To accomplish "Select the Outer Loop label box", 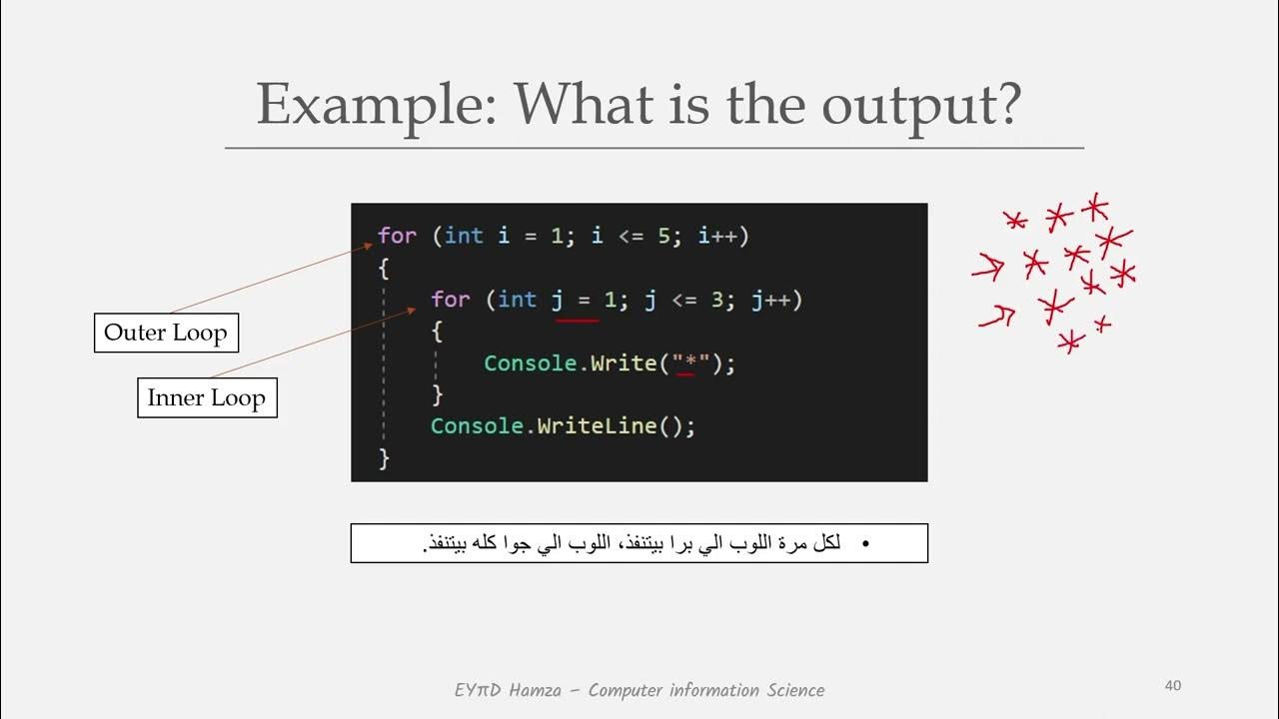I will pyautogui.click(x=166, y=333).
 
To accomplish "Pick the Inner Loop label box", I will pyautogui.click(x=207, y=397).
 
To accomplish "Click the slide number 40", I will pyautogui.click(x=1173, y=685).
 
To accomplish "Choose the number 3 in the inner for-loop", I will pyautogui.click(x=715, y=300).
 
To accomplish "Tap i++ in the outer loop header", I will pyautogui.click(x=722, y=236).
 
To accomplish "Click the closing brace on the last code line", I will pyautogui.click(x=384, y=458).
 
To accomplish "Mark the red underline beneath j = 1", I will pyautogui.click(x=578, y=321).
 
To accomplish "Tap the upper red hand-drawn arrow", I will pyautogui.click(x=988, y=267).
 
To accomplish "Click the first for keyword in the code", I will pyautogui.click(x=397, y=236).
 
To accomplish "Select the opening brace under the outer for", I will pyautogui.click(x=384, y=268).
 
